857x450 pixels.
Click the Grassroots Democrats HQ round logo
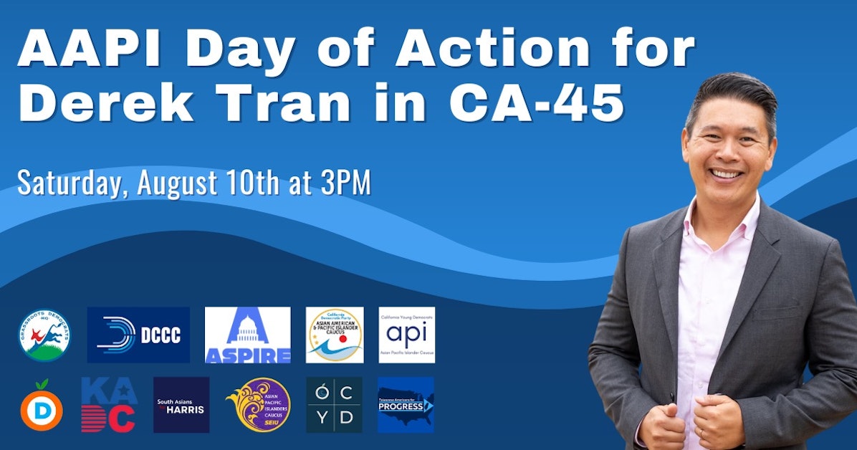pyautogui.click(x=45, y=335)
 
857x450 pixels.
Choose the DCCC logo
pyautogui.click(x=138, y=335)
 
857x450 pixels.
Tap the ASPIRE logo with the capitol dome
pyautogui.click(x=247, y=335)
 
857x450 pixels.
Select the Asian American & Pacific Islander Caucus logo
pyautogui.click(x=334, y=335)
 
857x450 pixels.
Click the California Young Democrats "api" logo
pyautogui.click(x=406, y=335)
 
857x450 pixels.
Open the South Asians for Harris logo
pyautogui.click(x=181, y=405)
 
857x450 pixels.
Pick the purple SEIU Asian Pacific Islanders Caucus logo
pyautogui.click(x=258, y=405)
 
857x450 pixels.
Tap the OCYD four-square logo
pyautogui.click(x=334, y=405)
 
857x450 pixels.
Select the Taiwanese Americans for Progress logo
pyautogui.click(x=406, y=405)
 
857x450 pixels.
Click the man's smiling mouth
pyautogui.click(x=727, y=173)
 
